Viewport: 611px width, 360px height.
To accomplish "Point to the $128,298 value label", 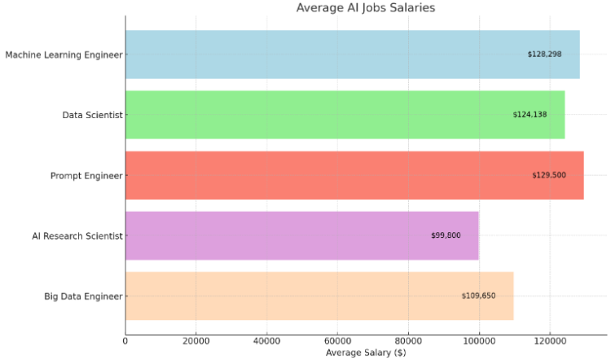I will (544, 55).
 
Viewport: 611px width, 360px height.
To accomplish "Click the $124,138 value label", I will (530, 115).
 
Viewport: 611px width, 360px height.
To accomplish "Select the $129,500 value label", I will (548, 175).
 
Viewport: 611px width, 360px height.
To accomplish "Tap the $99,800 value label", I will (446, 235).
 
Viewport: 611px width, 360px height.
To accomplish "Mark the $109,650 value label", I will (478, 296).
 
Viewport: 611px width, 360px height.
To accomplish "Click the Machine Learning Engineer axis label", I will (64, 55).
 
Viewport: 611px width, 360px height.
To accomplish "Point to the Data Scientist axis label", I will (92, 115).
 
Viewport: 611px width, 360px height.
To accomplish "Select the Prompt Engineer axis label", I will (86, 175).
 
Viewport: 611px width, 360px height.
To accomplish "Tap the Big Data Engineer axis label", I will (83, 296).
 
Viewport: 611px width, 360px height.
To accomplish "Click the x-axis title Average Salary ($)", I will (365, 353).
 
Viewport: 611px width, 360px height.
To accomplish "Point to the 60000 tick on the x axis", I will (337, 340).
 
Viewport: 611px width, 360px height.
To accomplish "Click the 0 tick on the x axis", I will (125, 340).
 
